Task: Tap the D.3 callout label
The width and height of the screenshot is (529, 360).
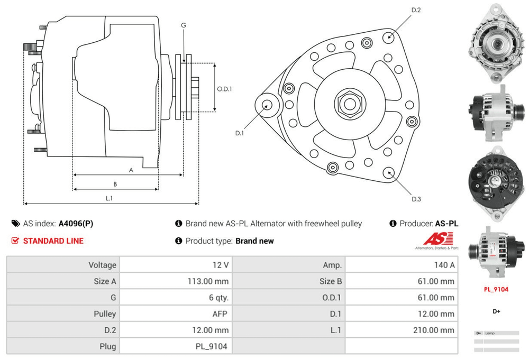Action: (x=416, y=199)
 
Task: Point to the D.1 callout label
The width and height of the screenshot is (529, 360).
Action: (x=239, y=133)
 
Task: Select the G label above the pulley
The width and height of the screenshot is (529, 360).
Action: (x=184, y=25)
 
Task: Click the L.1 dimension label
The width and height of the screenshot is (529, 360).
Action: (x=110, y=198)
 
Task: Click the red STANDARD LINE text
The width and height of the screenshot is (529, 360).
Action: (x=53, y=241)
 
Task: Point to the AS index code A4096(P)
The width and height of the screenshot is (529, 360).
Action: (x=76, y=224)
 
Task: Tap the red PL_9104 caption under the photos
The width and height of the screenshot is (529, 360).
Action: (x=496, y=289)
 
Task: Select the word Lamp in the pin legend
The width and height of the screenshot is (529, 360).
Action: (x=489, y=333)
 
